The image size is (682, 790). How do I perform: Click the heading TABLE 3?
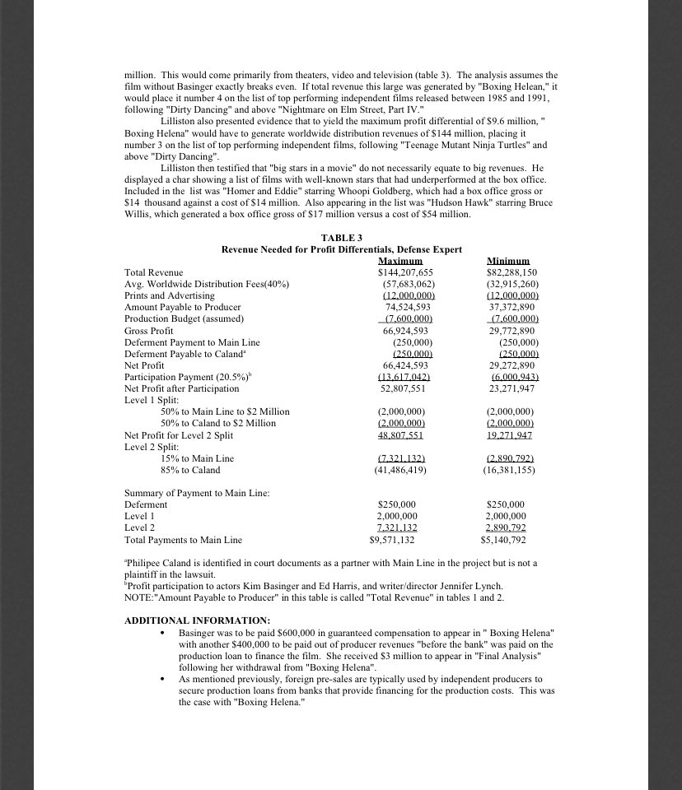(341, 237)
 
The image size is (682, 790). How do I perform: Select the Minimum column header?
(508, 260)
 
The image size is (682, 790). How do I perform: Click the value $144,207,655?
(404, 272)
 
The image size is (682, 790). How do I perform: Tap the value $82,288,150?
(508, 272)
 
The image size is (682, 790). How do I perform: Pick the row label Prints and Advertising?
(169, 295)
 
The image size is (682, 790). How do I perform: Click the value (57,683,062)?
(404, 283)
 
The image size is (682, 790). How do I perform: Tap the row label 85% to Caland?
(190, 470)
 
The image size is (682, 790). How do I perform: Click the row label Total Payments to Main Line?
(183, 540)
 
